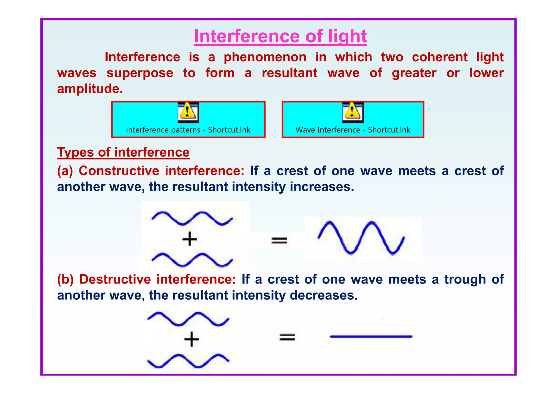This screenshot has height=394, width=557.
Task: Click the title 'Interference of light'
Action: coord(280,36)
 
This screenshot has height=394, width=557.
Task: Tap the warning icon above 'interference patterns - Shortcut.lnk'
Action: coord(188,112)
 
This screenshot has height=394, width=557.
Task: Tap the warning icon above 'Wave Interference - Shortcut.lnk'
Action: coord(353,112)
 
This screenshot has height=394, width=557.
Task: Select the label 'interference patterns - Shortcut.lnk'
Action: coord(188,130)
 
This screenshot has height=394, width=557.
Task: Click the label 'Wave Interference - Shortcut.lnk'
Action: coord(353,130)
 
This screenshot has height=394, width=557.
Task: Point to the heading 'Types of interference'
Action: coord(123,152)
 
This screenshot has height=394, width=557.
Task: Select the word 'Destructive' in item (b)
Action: coord(115,279)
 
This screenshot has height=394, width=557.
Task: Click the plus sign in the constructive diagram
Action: coord(189,239)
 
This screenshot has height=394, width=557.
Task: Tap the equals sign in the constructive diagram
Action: coord(279,240)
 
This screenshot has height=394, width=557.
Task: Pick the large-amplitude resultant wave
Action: coord(361,238)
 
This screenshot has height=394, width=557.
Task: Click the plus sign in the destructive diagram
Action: coord(191,339)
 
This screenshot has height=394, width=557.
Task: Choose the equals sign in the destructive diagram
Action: coord(287,337)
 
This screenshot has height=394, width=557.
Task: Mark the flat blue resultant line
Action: coord(371,337)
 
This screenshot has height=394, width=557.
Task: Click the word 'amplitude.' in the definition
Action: coord(90,89)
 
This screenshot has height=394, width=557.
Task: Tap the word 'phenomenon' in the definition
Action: coord(265,57)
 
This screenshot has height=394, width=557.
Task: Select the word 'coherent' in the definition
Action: coord(440,57)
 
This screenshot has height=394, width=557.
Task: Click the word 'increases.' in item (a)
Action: coord(322,187)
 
